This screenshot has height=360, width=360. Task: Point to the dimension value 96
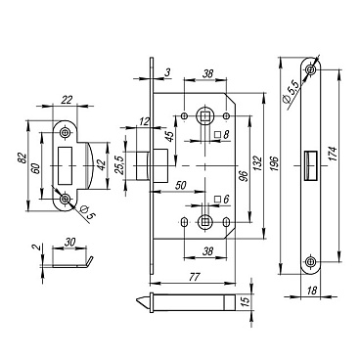[245, 175]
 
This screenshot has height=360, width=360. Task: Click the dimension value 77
[194, 277]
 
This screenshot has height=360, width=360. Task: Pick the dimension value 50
[180, 185]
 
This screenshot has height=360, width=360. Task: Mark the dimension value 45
[171, 136]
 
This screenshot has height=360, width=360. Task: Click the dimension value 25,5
[119, 165]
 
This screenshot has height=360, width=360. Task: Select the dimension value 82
[22, 158]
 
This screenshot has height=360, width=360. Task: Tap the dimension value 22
[67, 100]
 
